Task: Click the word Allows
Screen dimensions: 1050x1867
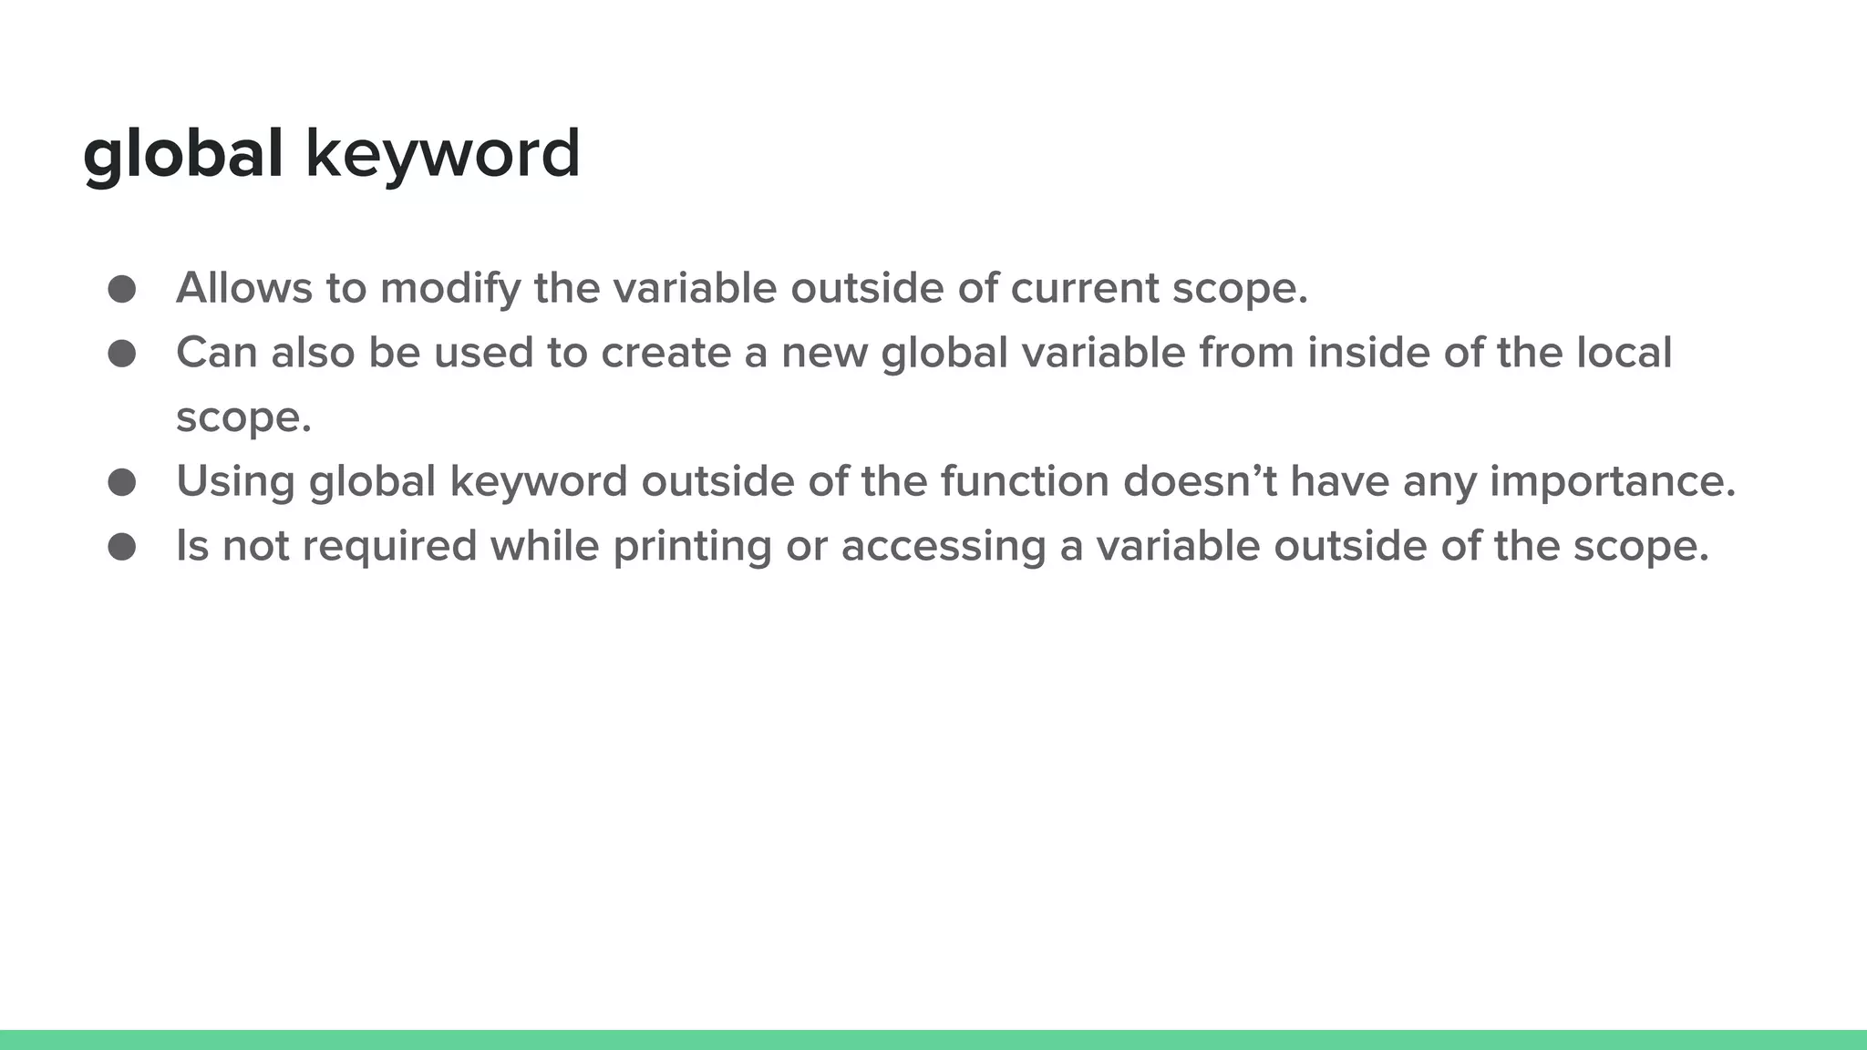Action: pos(243,288)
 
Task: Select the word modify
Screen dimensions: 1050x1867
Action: pos(450,288)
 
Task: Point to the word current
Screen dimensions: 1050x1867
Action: pos(1084,288)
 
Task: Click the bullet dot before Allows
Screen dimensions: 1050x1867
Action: pos(121,289)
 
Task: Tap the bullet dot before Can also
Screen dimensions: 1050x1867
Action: pos(121,354)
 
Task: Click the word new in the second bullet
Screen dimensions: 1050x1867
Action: pos(824,353)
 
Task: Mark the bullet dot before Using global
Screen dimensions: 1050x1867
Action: pos(121,482)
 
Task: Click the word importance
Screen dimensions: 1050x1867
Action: pos(1613,481)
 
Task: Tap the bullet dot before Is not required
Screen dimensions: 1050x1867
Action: pos(121,547)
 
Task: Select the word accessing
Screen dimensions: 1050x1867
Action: pos(944,546)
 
